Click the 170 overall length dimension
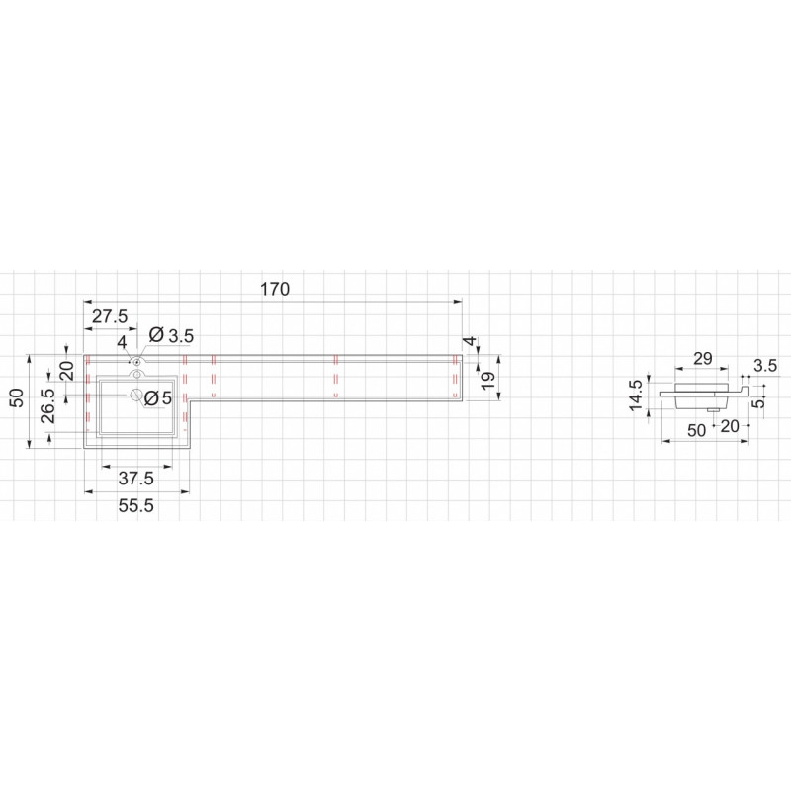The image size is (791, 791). (x=275, y=289)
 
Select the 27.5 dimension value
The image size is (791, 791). (x=110, y=316)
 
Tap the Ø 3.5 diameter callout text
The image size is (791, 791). (x=171, y=335)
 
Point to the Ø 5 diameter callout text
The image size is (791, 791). (x=158, y=398)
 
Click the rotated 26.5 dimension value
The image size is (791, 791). (x=48, y=406)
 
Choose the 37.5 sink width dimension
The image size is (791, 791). (x=136, y=478)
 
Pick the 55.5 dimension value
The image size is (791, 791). (x=136, y=505)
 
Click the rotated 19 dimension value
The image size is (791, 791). (x=487, y=380)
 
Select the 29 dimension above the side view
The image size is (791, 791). (x=703, y=359)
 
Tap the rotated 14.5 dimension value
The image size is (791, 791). (x=636, y=395)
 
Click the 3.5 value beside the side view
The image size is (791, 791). (x=765, y=366)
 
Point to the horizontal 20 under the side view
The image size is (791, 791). (x=730, y=427)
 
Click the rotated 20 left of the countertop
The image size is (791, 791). (x=67, y=371)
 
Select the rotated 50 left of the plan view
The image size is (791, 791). (x=18, y=398)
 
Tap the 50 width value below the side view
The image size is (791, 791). (x=697, y=430)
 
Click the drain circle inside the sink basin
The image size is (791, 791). (x=136, y=395)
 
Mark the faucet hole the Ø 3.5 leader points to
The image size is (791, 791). (x=136, y=361)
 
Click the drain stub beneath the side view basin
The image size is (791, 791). (x=713, y=410)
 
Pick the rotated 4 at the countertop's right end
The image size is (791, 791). (x=471, y=341)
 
